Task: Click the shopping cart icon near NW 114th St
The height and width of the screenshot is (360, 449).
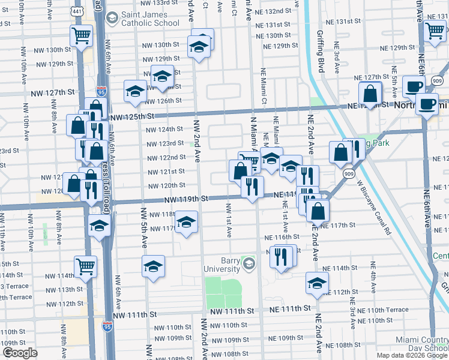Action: (86, 266)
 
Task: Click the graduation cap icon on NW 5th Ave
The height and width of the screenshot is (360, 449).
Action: (153, 266)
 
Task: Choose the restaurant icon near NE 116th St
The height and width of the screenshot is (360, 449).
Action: (280, 256)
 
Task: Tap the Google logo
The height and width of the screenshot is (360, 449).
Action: (20, 353)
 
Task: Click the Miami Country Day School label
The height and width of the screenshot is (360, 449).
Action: (421, 344)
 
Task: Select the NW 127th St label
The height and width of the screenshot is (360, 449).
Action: (53, 92)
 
